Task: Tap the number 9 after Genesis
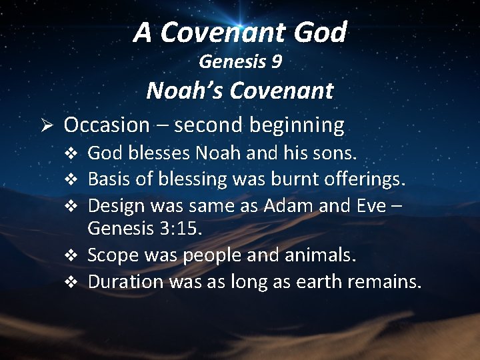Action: (x=276, y=63)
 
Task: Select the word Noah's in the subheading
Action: (x=180, y=90)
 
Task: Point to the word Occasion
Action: (x=107, y=125)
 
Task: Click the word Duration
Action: (x=125, y=281)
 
